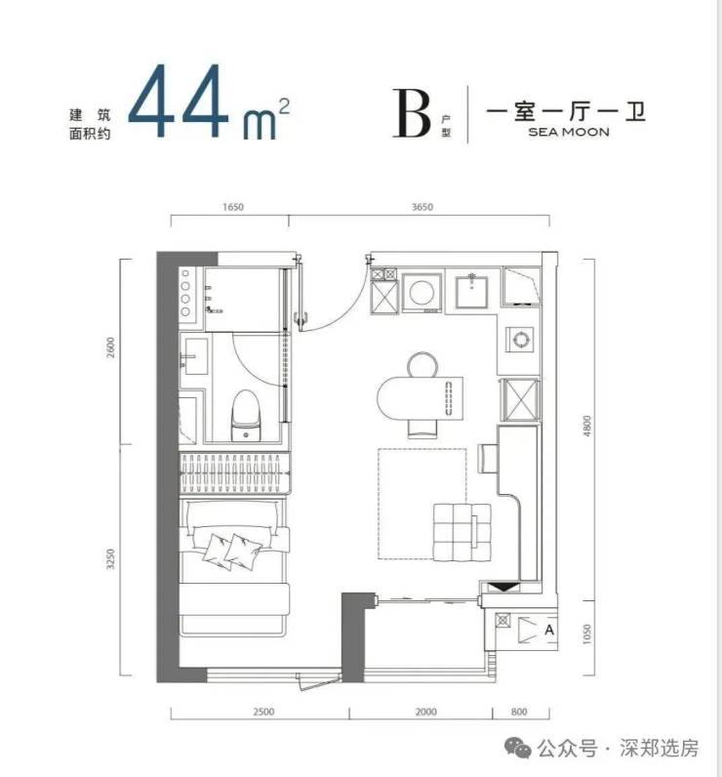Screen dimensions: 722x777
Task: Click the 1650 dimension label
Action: tap(233, 207)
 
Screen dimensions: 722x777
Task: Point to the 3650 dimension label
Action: tap(422, 207)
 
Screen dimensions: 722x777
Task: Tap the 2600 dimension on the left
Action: tap(110, 348)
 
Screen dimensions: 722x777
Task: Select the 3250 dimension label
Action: tap(110, 558)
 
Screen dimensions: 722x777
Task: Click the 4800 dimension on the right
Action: tap(586, 426)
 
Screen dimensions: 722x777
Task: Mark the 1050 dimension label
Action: tap(586, 634)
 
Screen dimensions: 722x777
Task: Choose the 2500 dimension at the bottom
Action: tap(263, 712)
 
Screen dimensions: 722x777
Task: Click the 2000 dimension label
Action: tap(425, 712)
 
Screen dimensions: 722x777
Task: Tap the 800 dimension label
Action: tap(519, 712)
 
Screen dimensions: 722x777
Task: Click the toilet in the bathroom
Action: tap(246, 415)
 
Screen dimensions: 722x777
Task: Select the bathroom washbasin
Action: tap(194, 356)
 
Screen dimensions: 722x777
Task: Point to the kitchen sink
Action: tap(471, 292)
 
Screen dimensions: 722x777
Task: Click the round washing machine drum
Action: tap(421, 292)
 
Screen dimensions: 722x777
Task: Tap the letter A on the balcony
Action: tap(548, 630)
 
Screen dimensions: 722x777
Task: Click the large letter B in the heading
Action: tap(412, 113)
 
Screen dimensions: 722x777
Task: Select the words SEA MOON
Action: tap(569, 132)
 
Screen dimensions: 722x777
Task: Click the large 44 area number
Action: tap(178, 102)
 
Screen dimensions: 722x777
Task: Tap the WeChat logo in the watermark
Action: tap(517, 749)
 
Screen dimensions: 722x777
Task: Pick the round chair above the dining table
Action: tap(422, 364)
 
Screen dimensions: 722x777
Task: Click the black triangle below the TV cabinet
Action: tap(503, 588)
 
